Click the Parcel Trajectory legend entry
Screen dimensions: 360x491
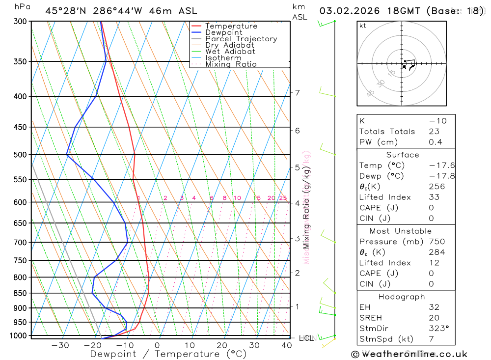241,39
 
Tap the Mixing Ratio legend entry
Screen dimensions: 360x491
231,64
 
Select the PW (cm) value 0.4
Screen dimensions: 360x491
435,142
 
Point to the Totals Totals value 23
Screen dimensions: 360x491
434,131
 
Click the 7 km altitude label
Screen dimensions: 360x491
297,92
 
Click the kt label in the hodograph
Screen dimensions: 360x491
363,26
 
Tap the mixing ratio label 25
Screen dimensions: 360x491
283,198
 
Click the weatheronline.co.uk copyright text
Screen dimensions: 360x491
409,354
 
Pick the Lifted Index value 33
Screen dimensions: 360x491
434,197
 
